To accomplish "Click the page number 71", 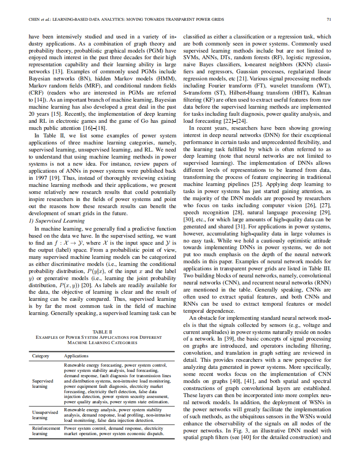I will coord(329,19).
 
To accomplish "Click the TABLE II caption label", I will coord(102,332).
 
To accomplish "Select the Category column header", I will coord(41,356).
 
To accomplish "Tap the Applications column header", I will coord(76,356).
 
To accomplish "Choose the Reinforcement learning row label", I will coord(46,431).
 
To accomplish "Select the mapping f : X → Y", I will coord(67,242).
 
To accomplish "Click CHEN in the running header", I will coord(35,20).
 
